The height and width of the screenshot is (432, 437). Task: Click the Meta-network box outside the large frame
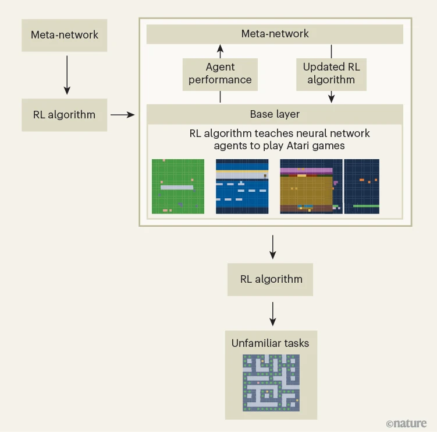(65, 34)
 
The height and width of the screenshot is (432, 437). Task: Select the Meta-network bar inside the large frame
(275, 34)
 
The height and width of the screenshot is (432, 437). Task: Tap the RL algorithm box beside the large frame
(65, 115)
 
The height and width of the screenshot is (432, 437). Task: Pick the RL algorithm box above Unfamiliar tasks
(271, 279)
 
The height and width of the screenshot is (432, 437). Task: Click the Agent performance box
(220, 74)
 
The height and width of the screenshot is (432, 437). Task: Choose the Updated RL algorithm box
(331, 73)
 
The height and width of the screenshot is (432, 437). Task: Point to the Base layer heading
(275, 114)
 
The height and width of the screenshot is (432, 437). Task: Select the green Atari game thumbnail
(178, 186)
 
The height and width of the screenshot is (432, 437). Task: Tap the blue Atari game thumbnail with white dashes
(242, 186)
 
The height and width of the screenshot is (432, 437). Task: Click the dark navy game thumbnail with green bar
(362, 186)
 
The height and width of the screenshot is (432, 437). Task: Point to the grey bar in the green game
(176, 187)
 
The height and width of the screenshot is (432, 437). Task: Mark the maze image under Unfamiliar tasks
(271, 382)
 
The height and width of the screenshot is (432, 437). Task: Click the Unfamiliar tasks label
(271, 343)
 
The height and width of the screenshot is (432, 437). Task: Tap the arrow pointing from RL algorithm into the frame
(122, 115)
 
